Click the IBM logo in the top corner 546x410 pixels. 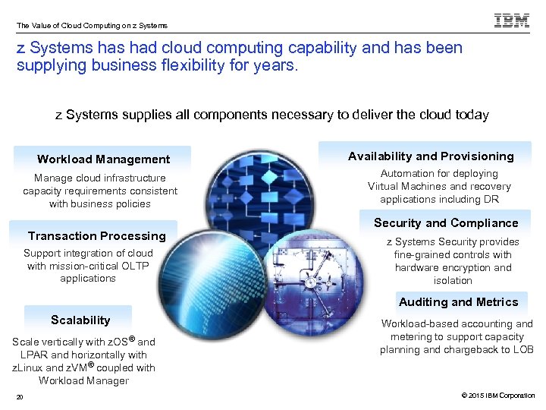pos(512,20)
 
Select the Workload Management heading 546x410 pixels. pos(103,159)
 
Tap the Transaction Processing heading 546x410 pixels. pos(96,236)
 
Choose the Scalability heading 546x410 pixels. pos(80,320)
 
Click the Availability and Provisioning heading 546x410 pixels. pos(431,156)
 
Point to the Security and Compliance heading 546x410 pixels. pos(446,223)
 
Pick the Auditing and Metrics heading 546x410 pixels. pos(459,302)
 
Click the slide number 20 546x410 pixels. pos(20,396)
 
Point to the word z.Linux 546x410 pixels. pos(28,367)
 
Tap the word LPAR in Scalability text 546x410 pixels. pos(34,355)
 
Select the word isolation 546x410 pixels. pos(453,280)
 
